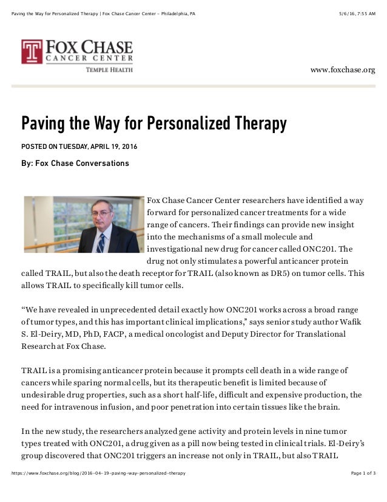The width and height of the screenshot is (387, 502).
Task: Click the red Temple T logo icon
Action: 32,52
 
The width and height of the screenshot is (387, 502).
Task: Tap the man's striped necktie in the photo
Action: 101,241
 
